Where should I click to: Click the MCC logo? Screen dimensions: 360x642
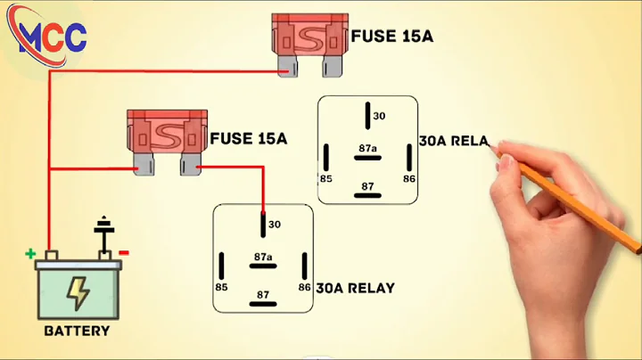click(x=53, y=37)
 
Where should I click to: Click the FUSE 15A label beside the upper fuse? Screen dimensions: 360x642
click(x=392, y=37)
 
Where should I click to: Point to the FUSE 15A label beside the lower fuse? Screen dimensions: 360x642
click(x=249, y=139)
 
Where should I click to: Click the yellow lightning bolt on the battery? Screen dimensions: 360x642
click(x=78, y=292)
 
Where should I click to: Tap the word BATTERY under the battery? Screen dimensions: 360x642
click(x=77, y=331)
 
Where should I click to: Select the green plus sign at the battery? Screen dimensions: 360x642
click(x=30, y=253)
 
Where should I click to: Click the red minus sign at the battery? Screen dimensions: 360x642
click(x=124, y=253)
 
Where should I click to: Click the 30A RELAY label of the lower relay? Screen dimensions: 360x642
click(x=356, y=288)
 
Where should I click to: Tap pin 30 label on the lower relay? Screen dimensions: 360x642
click(x=275, y=225)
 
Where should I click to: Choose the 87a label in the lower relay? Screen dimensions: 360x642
click(x=262, y=257)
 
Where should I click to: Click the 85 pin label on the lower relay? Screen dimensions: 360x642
click(x=220, y=288)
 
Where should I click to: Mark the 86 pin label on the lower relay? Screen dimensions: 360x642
click(x=304, y=288)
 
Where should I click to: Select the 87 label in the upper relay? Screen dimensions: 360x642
click(x=366, y=185)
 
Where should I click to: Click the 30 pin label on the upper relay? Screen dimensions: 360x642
click(x=379, y=116)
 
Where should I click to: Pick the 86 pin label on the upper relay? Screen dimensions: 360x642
click(x=409, y=178)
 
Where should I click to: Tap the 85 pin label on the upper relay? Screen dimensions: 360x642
click(x=325, y=178)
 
